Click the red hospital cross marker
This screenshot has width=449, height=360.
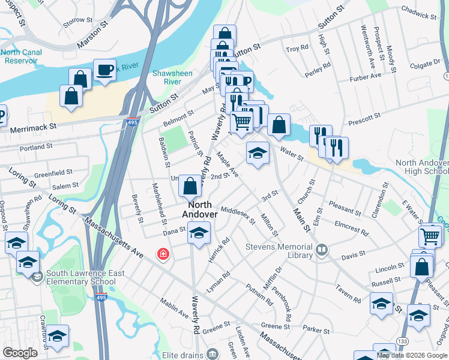point(163,254)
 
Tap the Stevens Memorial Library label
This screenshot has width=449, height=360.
point(280,251)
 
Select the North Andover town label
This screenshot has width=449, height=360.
point(200,209)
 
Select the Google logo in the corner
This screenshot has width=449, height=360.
point(20,353)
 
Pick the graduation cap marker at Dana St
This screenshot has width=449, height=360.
point(198,233)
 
